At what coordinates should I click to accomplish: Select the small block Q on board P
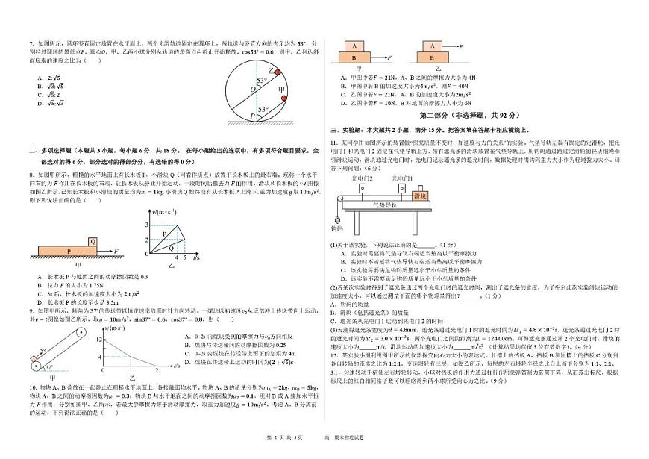92,241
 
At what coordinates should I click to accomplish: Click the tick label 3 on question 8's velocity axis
147,224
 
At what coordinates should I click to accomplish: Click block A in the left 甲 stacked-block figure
353,44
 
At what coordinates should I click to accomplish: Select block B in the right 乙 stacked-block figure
435,56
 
